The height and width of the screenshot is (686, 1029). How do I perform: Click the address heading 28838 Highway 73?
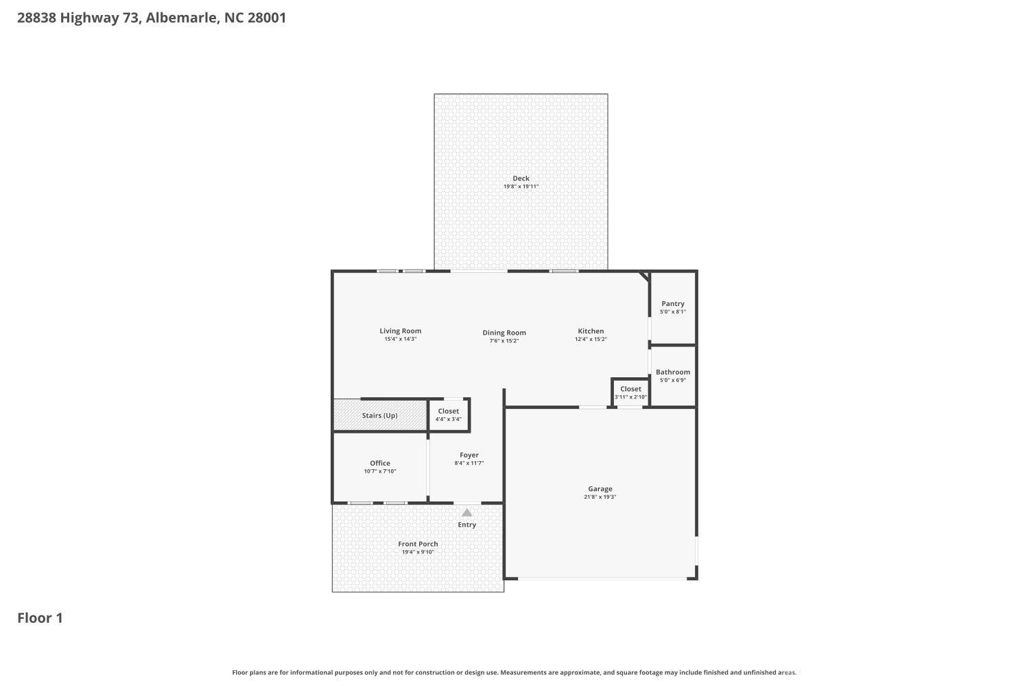[151, 18]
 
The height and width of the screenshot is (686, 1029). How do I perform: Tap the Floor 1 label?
[40, 618]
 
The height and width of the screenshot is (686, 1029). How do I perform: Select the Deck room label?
[521, 178]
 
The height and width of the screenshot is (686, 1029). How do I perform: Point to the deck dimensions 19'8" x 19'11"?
[521, 187]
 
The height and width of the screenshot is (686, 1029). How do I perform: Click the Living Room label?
[400, 331]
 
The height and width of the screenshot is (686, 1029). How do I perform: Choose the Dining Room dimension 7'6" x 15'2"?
[504, 341]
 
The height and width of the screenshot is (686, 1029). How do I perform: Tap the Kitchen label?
[591, 331]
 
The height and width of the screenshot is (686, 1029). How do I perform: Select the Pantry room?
[672, 307]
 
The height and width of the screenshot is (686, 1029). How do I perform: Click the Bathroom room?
[672, 375]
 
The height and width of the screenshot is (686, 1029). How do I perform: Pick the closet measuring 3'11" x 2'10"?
[630, 393]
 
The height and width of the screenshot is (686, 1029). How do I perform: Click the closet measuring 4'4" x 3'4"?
[448, 415]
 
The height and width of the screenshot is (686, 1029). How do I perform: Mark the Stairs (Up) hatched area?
[379, 416]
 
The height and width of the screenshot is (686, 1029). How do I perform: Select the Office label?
[379, 463]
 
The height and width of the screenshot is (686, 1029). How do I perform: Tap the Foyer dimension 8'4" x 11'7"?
[469, 463]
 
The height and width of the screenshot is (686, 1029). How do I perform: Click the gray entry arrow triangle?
[466, 512]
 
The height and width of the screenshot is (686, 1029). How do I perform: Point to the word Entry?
[466, 525]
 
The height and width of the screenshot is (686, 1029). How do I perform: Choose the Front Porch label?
[418, 544]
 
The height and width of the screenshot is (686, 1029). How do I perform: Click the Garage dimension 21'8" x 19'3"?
[600, 497]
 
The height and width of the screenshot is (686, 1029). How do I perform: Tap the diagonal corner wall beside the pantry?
[643, 276]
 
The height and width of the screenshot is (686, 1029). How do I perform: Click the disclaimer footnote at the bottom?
[514, 673]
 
